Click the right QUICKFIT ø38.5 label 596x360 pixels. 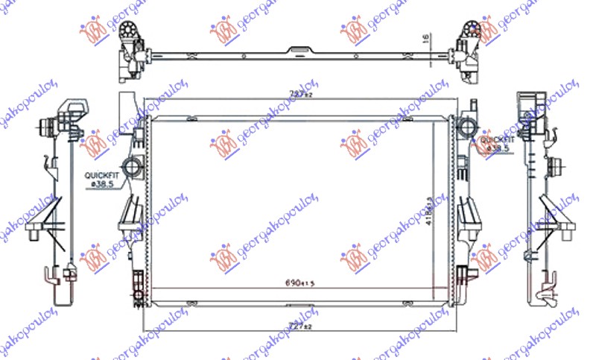(497, 144)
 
